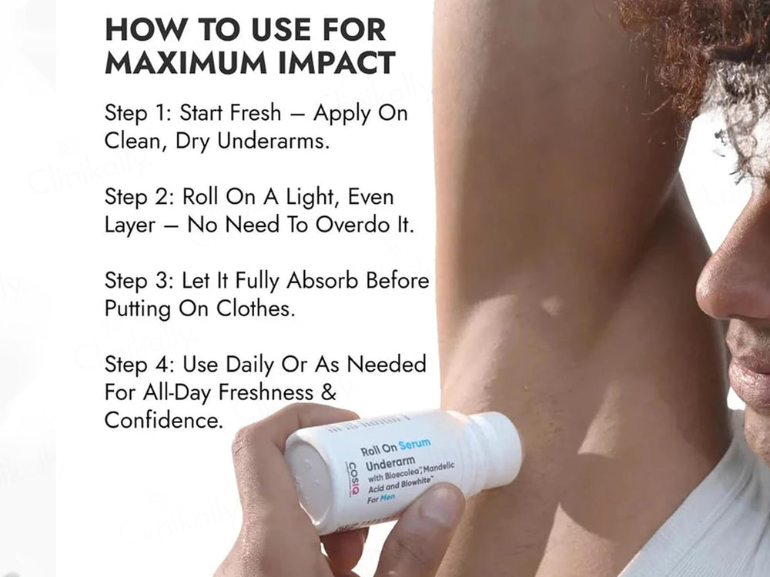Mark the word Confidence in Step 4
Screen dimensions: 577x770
162,420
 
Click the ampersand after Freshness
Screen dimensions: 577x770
329,392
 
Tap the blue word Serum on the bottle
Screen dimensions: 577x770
414,445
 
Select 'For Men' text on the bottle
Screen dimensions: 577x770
381,499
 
